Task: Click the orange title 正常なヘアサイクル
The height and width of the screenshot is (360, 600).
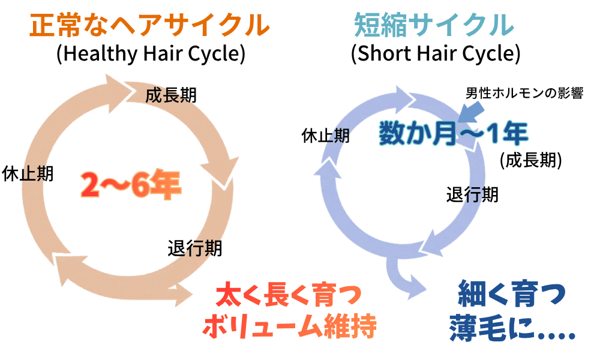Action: point(149,26)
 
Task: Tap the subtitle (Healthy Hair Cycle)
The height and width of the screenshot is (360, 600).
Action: point(151,53)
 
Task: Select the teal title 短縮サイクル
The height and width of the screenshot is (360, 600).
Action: point(434,25)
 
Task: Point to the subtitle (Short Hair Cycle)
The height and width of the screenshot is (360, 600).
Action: point(436,53)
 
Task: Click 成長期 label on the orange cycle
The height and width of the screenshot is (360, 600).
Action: point(171,95)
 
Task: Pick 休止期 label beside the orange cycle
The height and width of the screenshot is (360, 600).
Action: point(28,173)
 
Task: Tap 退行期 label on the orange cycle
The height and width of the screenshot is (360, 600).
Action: point(195,248)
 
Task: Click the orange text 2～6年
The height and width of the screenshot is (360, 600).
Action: point(131,185)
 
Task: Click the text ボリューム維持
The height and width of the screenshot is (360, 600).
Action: point(290,327)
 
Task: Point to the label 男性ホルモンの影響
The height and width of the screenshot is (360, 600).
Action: point(524,93)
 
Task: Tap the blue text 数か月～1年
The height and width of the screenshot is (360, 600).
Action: point(454,134)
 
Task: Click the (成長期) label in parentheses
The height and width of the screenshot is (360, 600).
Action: point(531,160)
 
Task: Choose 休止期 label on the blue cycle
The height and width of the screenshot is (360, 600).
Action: point(326,136)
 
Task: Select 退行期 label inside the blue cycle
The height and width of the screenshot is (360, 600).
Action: point(473,194)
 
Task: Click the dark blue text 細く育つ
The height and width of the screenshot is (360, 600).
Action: point(512,294)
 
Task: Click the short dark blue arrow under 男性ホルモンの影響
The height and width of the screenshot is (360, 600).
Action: point(470,113)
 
